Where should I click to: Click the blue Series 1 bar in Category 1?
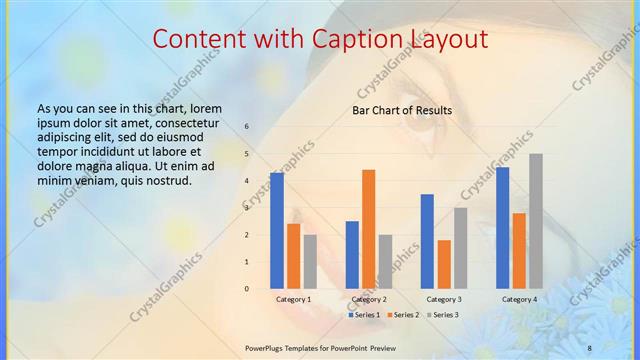coord(277,231)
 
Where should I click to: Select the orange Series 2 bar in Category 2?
coord(369,229)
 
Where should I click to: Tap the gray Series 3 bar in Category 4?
coord(536,221)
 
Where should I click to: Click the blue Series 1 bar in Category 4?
coord(502,228)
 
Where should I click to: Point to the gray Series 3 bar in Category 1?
coord(310,262)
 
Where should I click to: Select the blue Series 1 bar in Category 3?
coord(427,241)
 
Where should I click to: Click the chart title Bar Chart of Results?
coord(402,110)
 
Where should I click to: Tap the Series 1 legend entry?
coord(364,315)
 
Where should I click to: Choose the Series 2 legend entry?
coord(402,315)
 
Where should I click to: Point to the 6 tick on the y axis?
coord(247,127)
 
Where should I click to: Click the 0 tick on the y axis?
coord(247,289)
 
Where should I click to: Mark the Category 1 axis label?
coord(293,300)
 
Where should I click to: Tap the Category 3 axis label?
coord(443,300)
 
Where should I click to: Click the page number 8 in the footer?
coord(589,347)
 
